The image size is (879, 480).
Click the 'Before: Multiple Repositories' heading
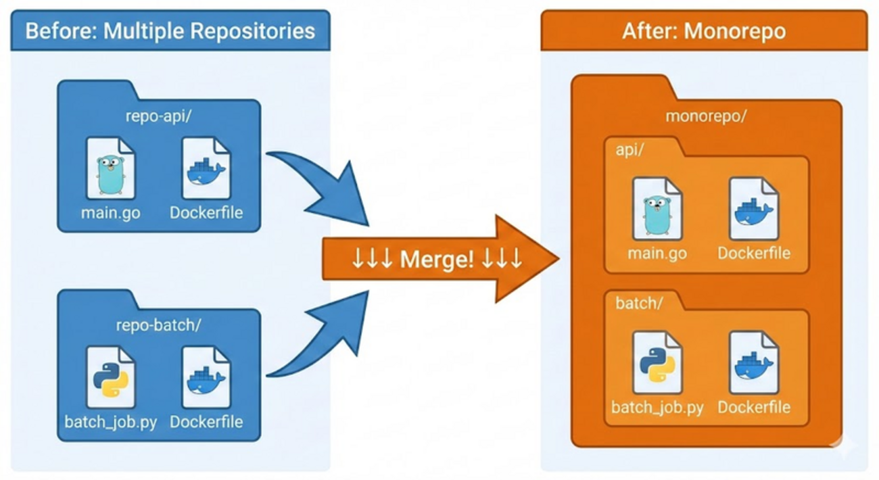point(170,30)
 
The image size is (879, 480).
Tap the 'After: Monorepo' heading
point(704,31)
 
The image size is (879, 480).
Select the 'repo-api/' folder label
point(159,116)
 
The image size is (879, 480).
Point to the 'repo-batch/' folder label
point(159,325)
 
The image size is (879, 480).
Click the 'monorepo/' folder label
point(706,116)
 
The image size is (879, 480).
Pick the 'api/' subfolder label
point(629,149)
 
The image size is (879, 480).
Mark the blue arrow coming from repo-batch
point(325,338)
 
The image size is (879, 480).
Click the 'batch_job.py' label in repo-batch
point(111,423)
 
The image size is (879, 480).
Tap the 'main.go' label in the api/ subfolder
point(657,254)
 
